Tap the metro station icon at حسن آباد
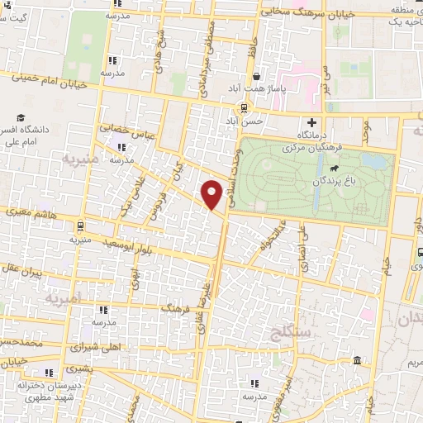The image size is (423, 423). (x=243, y=108)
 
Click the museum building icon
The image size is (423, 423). (x=356, y=361)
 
